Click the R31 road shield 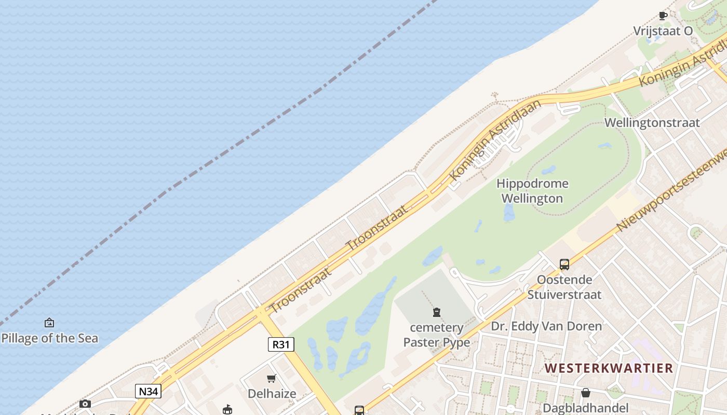click(281, 344)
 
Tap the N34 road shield click(148, 391)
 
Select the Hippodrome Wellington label click(532, 191)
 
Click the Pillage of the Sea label click(49, 338)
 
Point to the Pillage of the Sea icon click(49, 323)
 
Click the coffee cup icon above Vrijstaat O click(663, 16)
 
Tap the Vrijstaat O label click(663, 31)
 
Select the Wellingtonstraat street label click(652, 123)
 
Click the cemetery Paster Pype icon click(437, 312)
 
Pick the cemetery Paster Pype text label click(437, 335)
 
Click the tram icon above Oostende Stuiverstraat click(564, 265)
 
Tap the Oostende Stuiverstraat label click(564, 287)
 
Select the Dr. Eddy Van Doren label click(546, 326)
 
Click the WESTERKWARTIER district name click(609, 368)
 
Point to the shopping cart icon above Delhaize click(272, 378)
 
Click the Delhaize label click(272, 394)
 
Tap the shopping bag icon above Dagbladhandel click(586, 393)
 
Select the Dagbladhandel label click(586, 408)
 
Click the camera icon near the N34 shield click(85, 404)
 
